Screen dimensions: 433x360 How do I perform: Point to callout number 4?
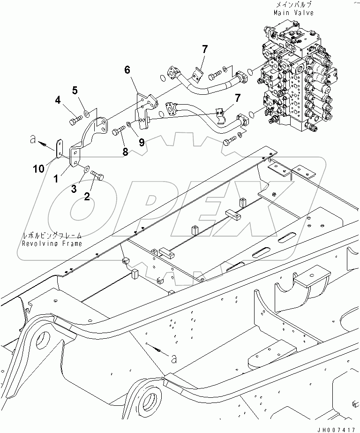click(58, 99)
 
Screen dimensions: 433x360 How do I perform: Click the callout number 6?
click(127, 70)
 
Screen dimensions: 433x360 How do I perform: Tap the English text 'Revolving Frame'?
click(52, 243)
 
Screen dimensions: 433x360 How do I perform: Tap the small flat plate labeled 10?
click(59, 148)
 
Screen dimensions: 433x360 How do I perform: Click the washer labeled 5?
click(87, 113)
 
